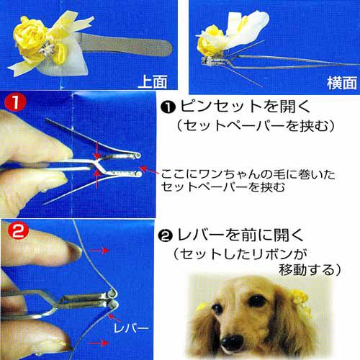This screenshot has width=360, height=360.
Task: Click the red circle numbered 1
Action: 15,102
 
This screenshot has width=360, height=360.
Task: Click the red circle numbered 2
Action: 18,230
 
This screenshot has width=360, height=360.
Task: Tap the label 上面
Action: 153,81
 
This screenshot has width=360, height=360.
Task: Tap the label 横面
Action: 341,83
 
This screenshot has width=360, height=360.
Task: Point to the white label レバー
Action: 131,328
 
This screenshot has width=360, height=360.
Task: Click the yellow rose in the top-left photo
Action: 30,34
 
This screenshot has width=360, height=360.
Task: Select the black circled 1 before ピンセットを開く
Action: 168,107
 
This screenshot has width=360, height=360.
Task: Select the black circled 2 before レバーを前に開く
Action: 166,236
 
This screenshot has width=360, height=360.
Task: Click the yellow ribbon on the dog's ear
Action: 300,301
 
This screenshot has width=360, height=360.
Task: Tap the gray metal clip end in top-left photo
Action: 127,45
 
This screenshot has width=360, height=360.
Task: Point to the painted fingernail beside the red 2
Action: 73,251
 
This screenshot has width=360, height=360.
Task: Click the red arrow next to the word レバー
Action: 114,318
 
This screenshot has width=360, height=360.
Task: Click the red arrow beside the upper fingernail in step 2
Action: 99,251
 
